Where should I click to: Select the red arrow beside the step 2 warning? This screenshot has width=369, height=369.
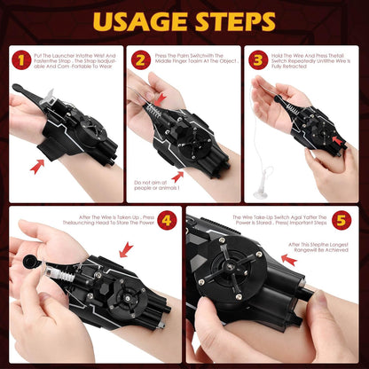[x=176, y=177]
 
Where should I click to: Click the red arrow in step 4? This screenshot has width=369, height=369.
[x=126, y=249]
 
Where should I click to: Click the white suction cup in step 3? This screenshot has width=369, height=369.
[x=262, y=192]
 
